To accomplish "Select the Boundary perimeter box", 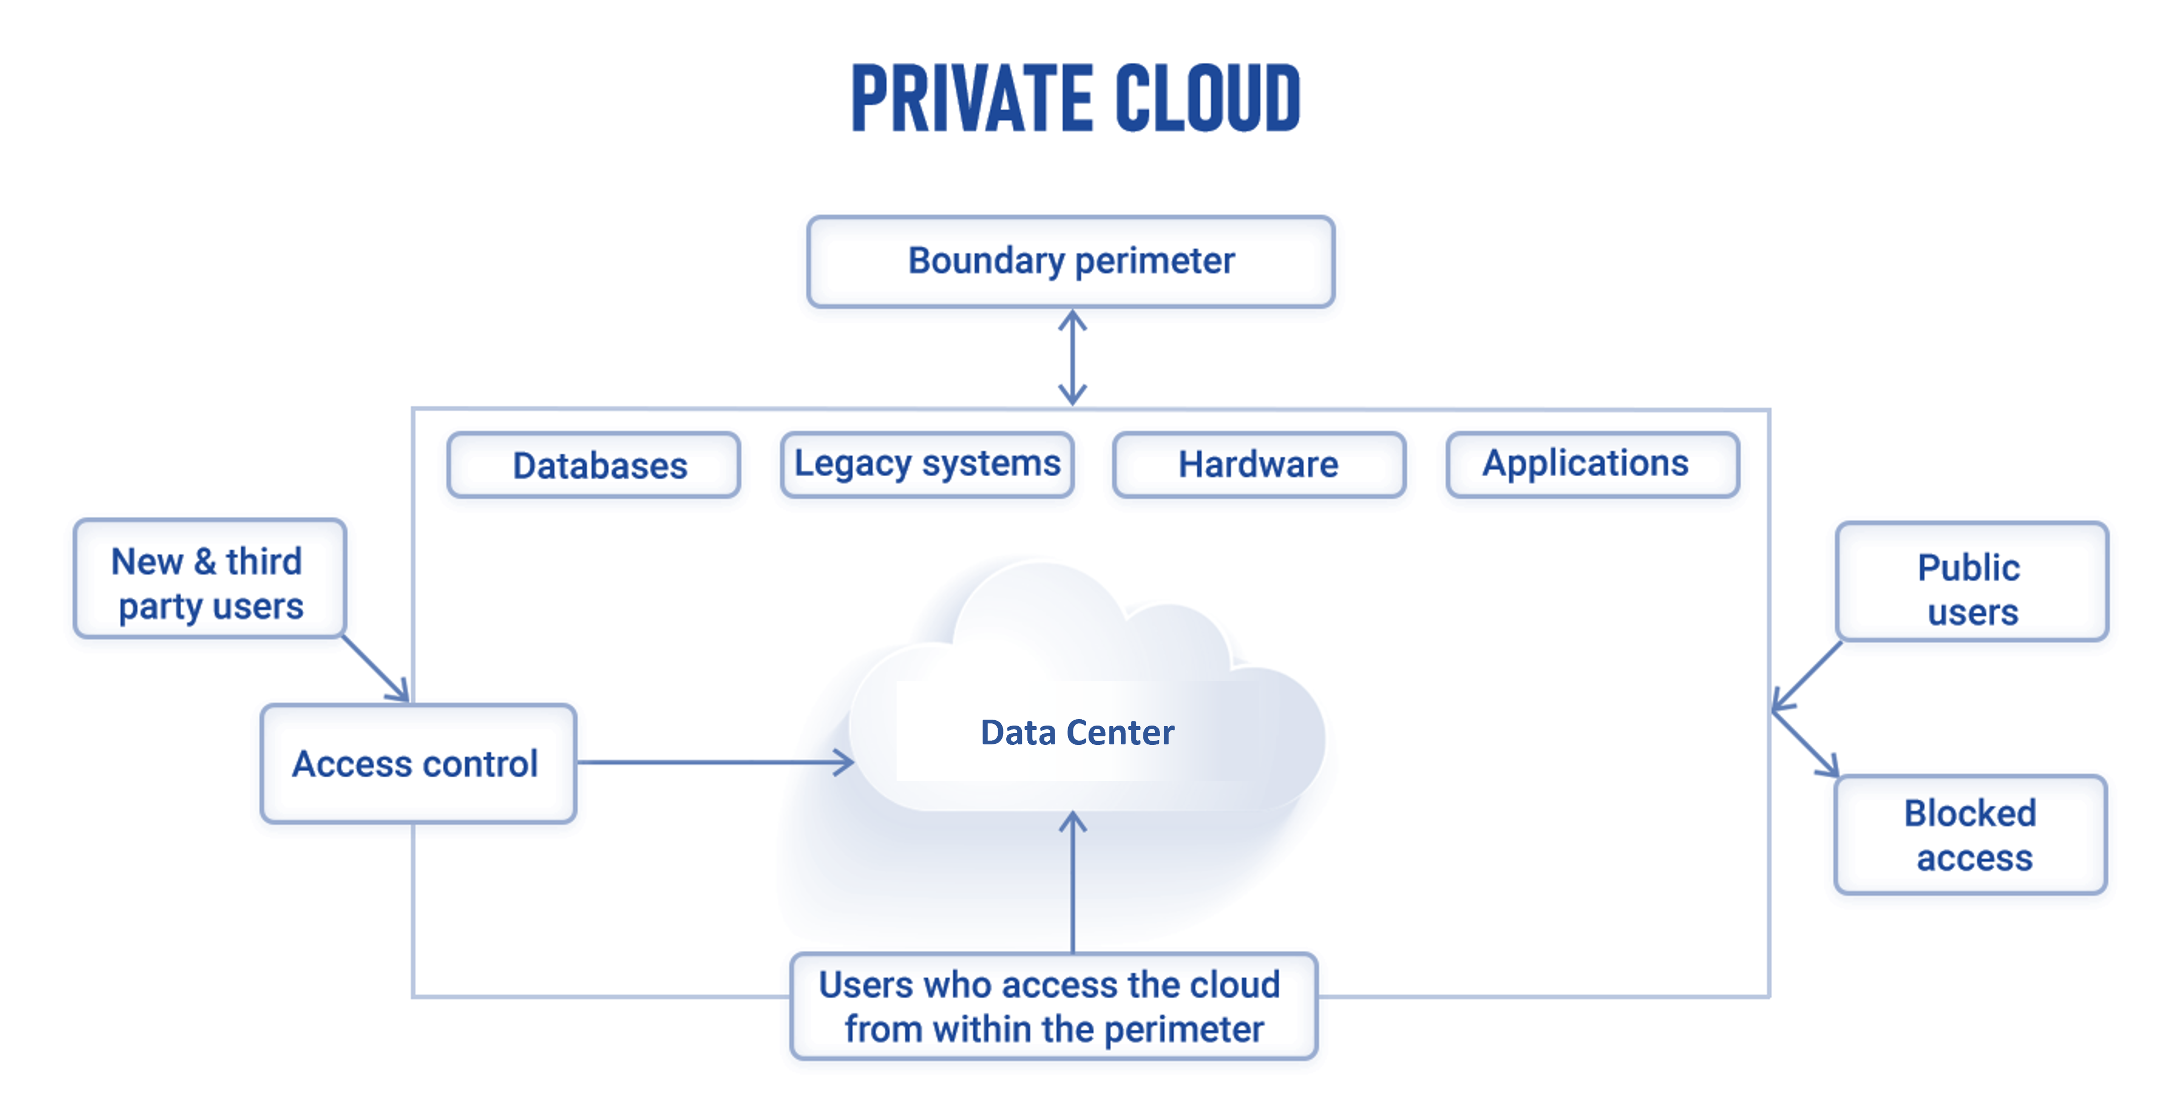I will coord(1071,261).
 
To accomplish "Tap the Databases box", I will coord(593,465).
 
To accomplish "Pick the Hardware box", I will coord(1259,464).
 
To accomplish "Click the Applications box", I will coord(1592,464).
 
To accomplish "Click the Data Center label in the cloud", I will coord(1077,733).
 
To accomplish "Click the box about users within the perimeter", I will coord(1053,1007).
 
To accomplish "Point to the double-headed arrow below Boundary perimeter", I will coord(1072,357).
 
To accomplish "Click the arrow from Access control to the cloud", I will coord(712,762).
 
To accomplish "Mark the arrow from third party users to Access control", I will coord(376,670).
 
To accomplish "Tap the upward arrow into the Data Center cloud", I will coord(1073,881).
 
